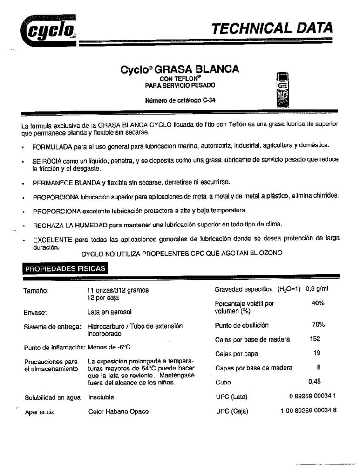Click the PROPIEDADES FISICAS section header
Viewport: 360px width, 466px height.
pos(65,268)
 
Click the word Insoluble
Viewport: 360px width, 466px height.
pos(101,397)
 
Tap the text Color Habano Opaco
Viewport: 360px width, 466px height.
pos(118,412)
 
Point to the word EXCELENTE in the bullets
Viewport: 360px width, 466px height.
pos(51,239)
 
